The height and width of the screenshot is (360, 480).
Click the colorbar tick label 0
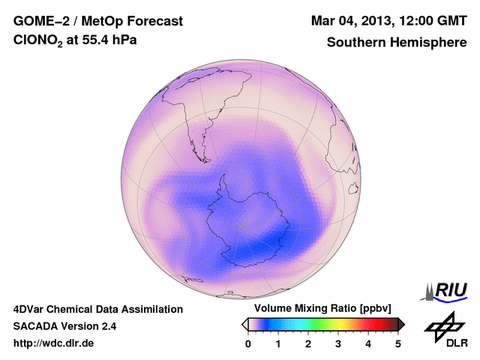coord(248,343)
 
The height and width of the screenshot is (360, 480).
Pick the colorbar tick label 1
coord(278,343)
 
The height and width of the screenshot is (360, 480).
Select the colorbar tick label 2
coord(308,343)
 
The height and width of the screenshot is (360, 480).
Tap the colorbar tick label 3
coord(338,343)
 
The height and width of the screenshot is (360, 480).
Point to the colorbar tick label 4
coord(368,343)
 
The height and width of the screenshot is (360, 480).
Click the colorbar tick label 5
coord(398,343)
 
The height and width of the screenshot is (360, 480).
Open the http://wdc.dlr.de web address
coord(54,343)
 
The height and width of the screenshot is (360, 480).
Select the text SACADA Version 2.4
coord(64,326)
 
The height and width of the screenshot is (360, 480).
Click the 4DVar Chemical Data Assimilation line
coord(97,309)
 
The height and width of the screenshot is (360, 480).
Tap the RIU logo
coord(447,290)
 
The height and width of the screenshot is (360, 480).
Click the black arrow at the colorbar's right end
coord(401,324)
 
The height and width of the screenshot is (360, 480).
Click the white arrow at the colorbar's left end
coord(244,324)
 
